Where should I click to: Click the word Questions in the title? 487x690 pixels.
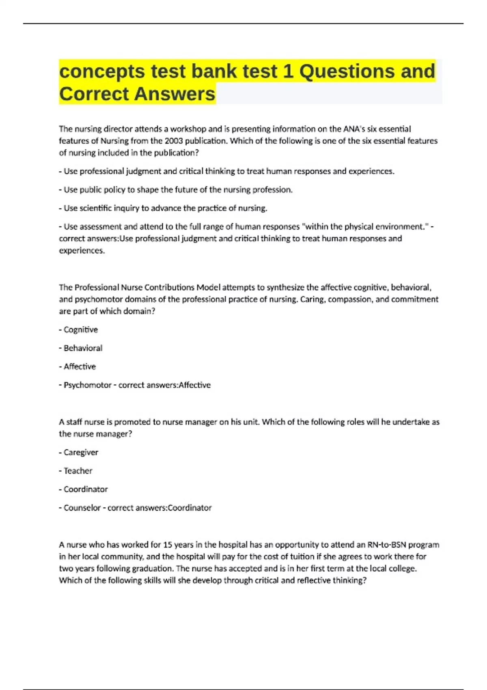pyautogui.click(x=347, y=71)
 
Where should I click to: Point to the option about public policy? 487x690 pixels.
pyautogui.click(x=178, y=190)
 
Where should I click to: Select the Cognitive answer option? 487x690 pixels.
pyautogui.click(x=80, y=330)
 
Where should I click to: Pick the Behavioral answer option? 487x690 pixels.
pyautogui.click(x=83, y=348)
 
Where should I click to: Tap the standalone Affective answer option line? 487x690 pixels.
pyautogui.click(x=80, y=367)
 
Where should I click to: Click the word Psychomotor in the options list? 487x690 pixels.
pyautogui.click(x=87, y=385)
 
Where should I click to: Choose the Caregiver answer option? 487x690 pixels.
pyautogui.click(x=81, y=452)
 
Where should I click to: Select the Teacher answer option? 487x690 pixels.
pyautogui.click(x=78, y=471)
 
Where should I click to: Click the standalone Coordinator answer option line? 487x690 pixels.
pyautogui.click(x=86, y=489)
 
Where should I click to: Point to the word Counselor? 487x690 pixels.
pyautogui.click(x=82, y=508)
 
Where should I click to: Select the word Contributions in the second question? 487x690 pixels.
pyautogui.click(x=169, y=287)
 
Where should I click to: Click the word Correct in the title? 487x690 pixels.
pyautogui.click(x=94, y=94)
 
